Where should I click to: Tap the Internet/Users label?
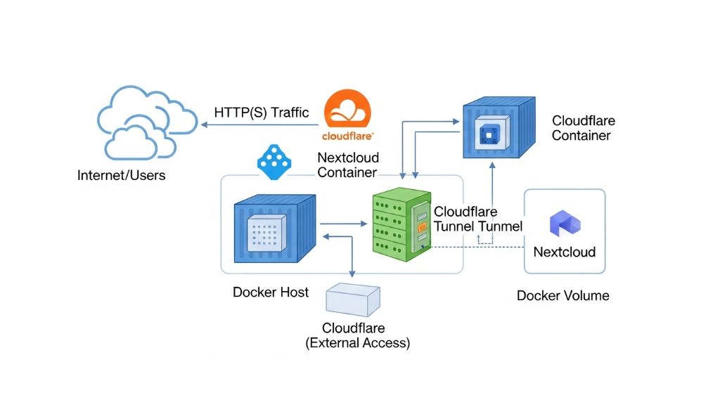[121, 174]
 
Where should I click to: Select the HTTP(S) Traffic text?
[262, 112]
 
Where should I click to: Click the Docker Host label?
[271, 292]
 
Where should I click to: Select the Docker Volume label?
[562, 295]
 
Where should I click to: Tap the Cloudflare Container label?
[583, 128]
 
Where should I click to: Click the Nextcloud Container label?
[347, 165]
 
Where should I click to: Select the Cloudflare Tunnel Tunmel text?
[477, 219]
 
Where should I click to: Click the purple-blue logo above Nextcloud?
[565, 224]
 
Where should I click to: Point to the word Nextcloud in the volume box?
[565, 252]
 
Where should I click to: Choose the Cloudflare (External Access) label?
[357, 335]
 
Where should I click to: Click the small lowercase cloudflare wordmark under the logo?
[347, 136]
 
